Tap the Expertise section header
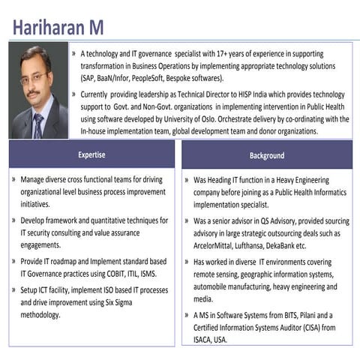[91, 155]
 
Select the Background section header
[267, 155]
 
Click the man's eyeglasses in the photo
[34, 77]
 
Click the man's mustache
[33, 94]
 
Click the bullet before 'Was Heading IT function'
[187, 181]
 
